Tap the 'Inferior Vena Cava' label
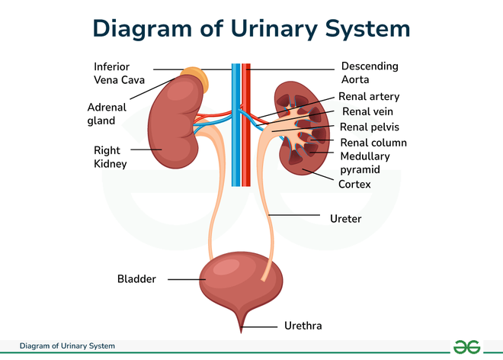tap(119, 73)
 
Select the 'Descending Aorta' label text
tap(370, 72)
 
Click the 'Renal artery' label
tap(369, 96)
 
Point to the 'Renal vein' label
tap(367, 111)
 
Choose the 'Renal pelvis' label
tap(369, 127)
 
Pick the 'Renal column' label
tap(373, 143)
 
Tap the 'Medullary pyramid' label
tap(365, 162)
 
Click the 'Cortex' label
tap(354, 184)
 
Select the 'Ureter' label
tap(345, 219)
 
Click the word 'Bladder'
tap(136, 278)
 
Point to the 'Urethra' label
tap(303, 326)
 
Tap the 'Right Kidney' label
tap(110, 156)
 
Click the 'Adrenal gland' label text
tap(107, 114)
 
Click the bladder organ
tap(241, 283)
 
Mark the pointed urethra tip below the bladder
tap(242, 333)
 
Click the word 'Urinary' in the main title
tap(274, 29)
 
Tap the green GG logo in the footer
tap(466, 347)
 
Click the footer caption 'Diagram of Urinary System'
tap(67, 346)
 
